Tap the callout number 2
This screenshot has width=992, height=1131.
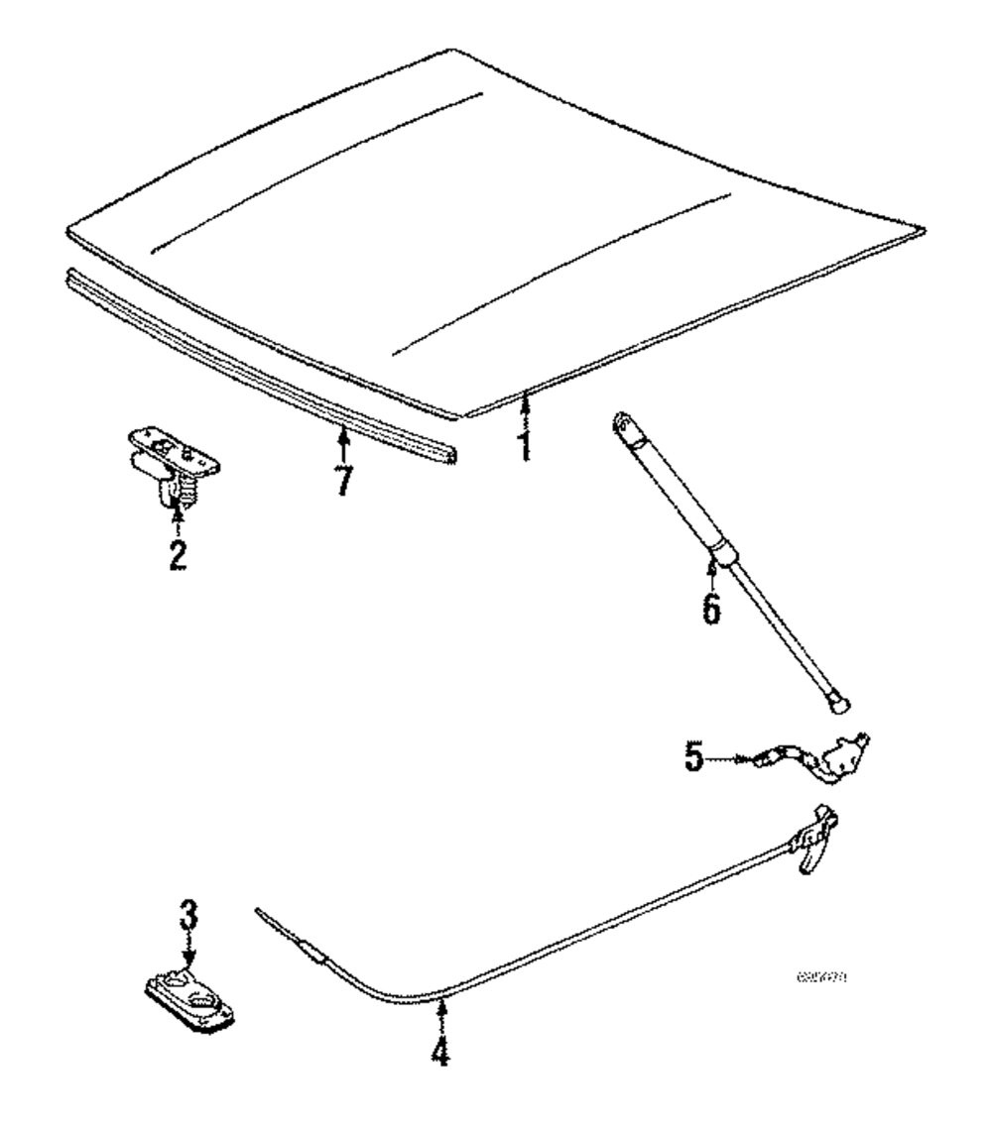tap(177, 554)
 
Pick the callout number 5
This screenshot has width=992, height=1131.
tap(694, 759)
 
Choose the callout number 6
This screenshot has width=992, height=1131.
tap(711, 606)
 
